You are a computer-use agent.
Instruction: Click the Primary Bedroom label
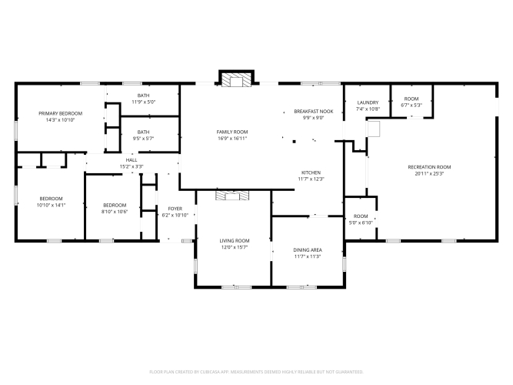pyautogui.click(x=61, y=113)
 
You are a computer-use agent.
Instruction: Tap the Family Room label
pyautogui.click(x=232, y=132)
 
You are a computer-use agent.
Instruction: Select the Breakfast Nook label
pyautogui.click(x=314, y=112)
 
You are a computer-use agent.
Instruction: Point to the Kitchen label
pyautogui.click(x=311, y=172)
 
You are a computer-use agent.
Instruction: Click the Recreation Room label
pyautogui.click(x=429, y=167)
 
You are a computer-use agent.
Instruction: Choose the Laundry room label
pyautogui.click(x=368, y=102)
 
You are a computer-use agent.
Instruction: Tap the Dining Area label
pyautogui.click(x=308, y=250)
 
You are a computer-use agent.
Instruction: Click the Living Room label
pyautogui.click(x=235, y=241)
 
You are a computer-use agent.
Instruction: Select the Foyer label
pyautogui.click(x=175, y=209)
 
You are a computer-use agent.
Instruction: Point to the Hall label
pyautogui.click(x=132, y=160)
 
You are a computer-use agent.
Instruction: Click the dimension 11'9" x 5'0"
pyautogui.click(x=144, y=102)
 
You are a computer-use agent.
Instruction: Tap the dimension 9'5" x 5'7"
pyautogui.click(x=143, y=139)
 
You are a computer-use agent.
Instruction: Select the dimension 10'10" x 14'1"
pyautogui.click(x=51, y=205)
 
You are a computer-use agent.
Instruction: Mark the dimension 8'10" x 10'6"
pyautogui.click(x=115, y=212)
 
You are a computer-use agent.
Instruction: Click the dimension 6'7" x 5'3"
pyautogui.click(x=411, y=105)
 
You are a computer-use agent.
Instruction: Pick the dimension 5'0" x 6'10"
pyautogui.click(x=361, y=223)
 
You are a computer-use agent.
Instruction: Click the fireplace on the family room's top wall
pyautogui.click(x=237, y=79)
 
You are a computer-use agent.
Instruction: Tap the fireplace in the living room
pyautogui.click(x=232, y=196)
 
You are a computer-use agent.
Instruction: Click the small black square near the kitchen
pyautogui.click(x=294, y=142)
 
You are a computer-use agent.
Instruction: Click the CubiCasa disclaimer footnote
pyautogui.click(x=256, y=372)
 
